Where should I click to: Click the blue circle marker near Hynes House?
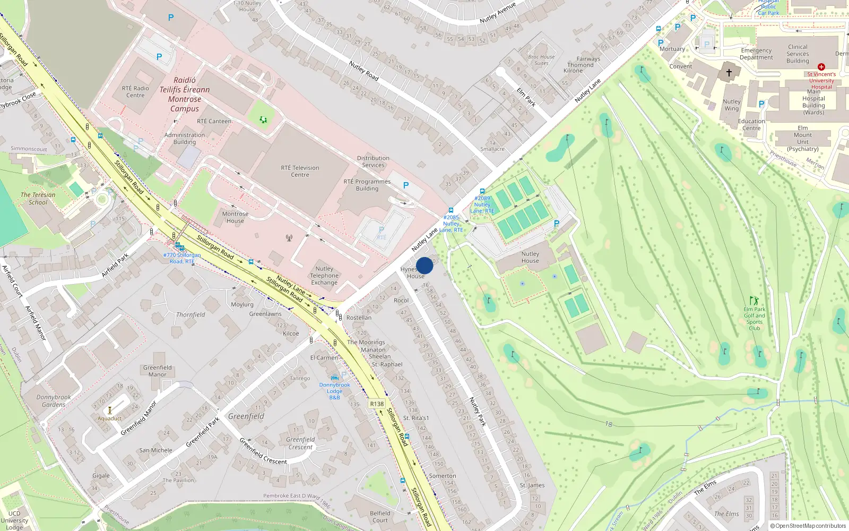coord(424,265)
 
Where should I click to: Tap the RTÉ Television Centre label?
coord(300,171)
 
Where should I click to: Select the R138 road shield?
coord(377,404)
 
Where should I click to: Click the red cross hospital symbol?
coord(821,67)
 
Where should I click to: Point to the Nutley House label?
coord(530,257)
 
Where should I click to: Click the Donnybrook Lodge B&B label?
coord(334,391)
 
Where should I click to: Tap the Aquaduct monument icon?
coord(110,410)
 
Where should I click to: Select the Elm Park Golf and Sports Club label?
coord(754,319)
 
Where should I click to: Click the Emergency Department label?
coord(756,54)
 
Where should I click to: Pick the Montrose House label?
coord(235,217)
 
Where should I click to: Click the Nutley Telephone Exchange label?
coord(324,276)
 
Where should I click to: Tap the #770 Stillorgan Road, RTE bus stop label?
coord(182,258)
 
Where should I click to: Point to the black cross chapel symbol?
coord(729,73)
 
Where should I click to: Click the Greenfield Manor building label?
coord(158,371)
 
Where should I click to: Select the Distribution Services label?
coord(373,161)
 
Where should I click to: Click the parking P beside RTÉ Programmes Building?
coord(406,185)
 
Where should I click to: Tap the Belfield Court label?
coord(380,517)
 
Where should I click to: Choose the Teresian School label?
coord(38,198)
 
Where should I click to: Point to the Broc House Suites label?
coord(541,60)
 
